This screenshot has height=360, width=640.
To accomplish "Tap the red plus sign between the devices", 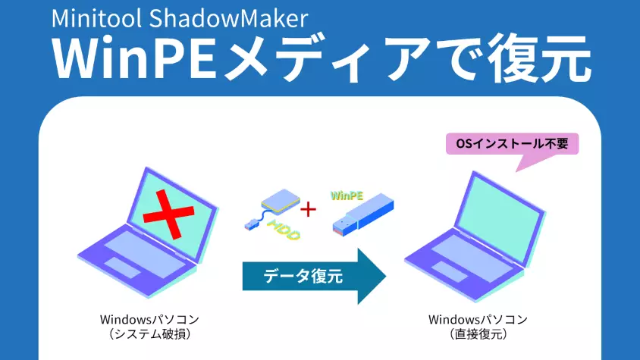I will coord(309,209).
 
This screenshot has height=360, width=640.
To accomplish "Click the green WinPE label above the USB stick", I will coord(347,195).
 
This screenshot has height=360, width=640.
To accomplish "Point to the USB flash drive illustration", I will coord(363,217).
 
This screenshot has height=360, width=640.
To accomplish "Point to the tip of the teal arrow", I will coord(384,276).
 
